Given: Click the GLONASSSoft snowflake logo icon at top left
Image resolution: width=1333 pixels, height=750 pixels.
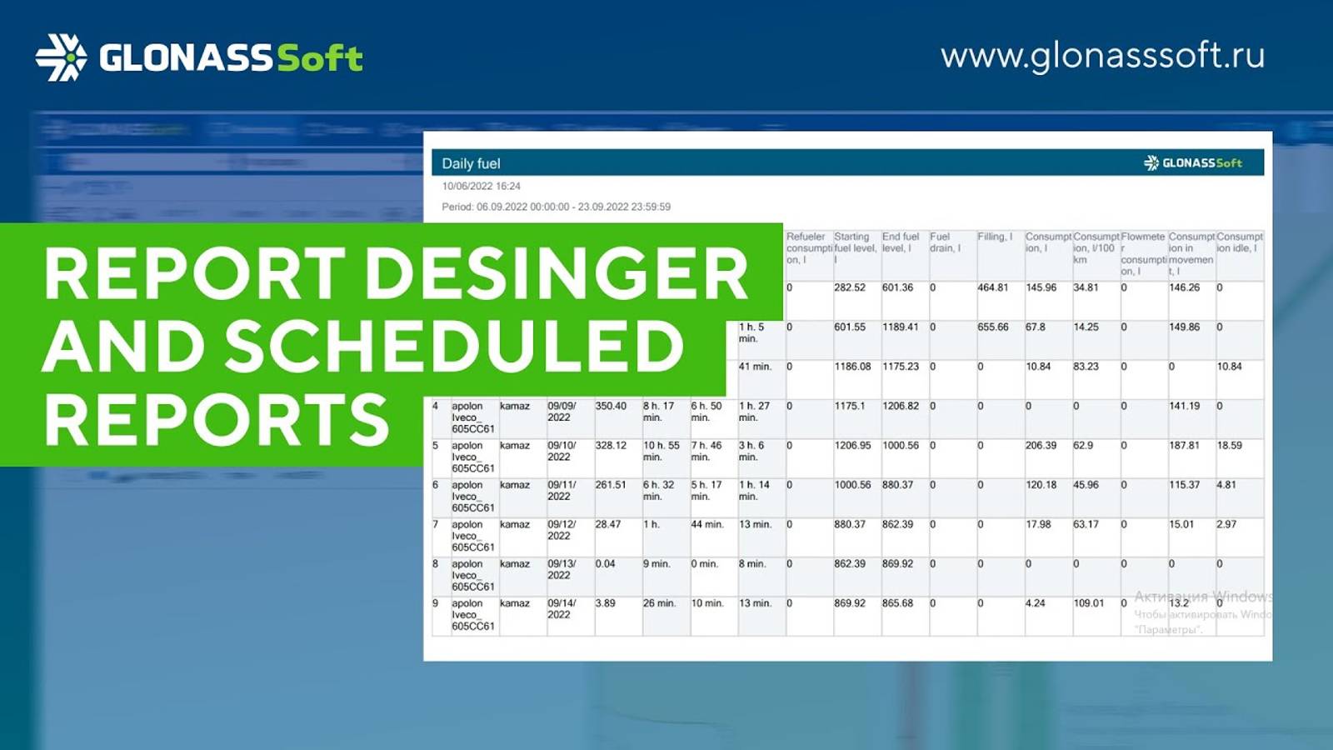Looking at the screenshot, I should [61, 57].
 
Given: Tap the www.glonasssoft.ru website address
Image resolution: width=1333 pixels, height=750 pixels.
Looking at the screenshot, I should [1102, 56].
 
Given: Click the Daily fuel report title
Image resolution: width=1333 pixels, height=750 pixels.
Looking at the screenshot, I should [471, 163].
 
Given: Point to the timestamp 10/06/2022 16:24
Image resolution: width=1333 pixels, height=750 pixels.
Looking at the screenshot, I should [481, 186].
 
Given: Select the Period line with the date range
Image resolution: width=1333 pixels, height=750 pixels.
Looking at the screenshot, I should [556, 207].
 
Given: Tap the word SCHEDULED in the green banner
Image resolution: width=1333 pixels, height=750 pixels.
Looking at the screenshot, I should [454, 346].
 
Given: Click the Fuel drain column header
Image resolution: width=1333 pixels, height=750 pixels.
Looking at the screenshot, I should [945, 242].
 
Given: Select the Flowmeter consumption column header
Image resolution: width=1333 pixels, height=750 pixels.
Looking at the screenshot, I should [1142, 253].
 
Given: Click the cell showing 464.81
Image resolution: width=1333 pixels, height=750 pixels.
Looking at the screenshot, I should [992, 287].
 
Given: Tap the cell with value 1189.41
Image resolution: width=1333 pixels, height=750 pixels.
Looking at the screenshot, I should [900, 327].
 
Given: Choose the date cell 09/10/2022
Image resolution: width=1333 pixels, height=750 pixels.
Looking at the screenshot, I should [561, 451].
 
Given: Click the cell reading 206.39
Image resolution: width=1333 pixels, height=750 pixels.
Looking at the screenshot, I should [1041, 446].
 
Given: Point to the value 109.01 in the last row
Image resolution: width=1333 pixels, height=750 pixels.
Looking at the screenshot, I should [1088, 603].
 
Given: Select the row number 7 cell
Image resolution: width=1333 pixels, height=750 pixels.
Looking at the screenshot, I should [436, 525].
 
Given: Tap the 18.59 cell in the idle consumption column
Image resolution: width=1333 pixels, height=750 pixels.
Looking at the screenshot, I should [1229, 446].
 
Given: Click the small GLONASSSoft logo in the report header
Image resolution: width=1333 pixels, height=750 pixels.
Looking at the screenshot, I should [1192, 162].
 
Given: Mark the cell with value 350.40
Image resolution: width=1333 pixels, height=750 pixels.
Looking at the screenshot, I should [611, 407].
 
